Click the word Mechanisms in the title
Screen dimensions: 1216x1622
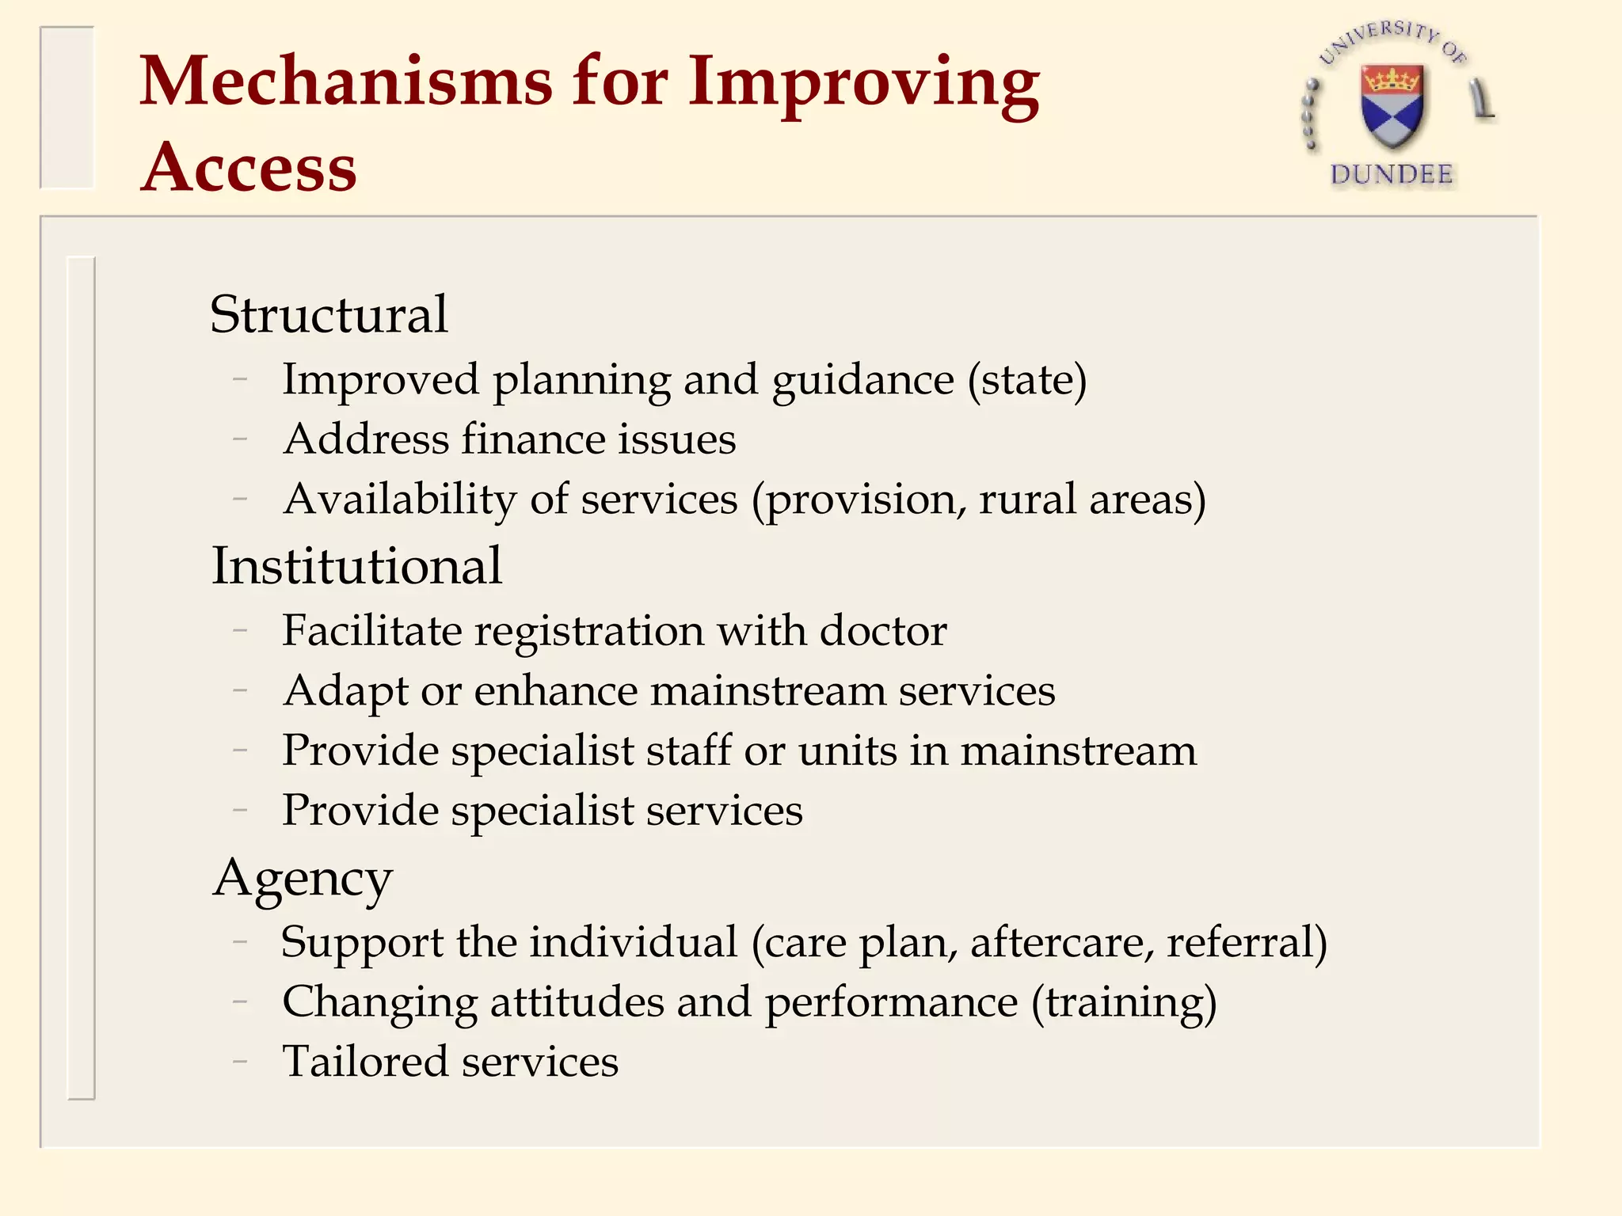pos(346,82)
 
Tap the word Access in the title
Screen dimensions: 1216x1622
pos(249,168)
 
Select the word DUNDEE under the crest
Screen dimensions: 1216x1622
pos(1392,174)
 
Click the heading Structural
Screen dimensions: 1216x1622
pos(329,314)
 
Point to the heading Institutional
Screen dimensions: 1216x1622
pos(356,567)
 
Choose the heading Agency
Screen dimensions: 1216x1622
pos(303,879)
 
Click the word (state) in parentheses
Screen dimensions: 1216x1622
pos(1026,380)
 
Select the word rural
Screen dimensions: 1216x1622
pos(1026,500)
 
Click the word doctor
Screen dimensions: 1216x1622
pos(882,631)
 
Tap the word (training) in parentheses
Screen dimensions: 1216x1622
pos(1123,1002)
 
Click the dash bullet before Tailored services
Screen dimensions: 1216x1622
pos(241,1062)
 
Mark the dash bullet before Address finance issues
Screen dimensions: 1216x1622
pos(241,439)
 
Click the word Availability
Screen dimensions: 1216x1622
pos(400,500)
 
